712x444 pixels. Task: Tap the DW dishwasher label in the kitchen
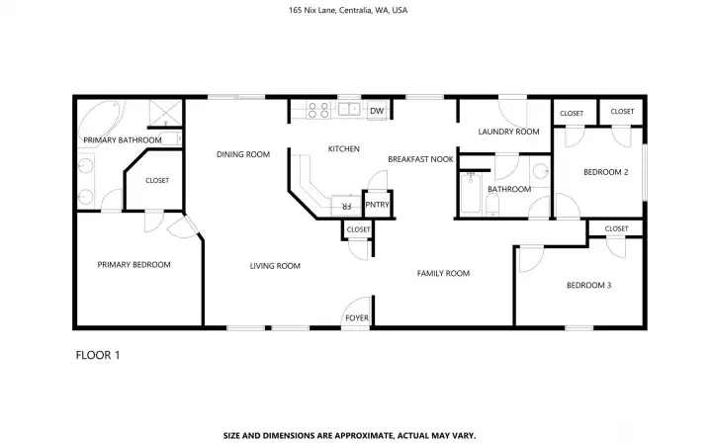(376, 111)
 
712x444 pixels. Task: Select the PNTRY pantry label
(377, 205)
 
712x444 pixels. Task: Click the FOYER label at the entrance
(356, 317)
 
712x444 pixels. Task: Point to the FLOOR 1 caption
(98, 354)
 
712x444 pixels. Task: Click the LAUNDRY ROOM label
(508, 132)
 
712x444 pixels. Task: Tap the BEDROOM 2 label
(605, 172)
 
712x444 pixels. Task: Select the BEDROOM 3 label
(588, 286)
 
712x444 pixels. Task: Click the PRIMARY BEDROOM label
(133, 264)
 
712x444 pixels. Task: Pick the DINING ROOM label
(243, 154)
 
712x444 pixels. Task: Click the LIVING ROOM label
(275, 265)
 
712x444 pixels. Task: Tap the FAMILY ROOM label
(442, 273)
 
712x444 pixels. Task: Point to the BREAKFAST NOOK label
(420, 159)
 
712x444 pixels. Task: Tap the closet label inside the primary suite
(157, 180)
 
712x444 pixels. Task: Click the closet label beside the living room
(358, 229)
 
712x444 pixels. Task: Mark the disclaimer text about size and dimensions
(356, 434)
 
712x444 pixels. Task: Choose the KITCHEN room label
(343, 149)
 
